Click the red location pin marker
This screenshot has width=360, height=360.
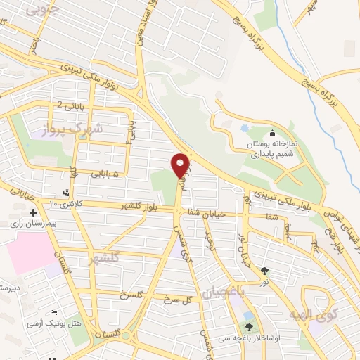pyautogui.click(x=181, y=165)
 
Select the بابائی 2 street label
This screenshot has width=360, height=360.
pyautogui.click(x=70, y=107)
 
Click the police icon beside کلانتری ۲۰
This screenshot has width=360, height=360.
pyautogui.click(x=67, y=193)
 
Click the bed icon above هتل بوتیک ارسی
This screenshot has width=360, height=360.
pyautogui.click(x=53, y=312)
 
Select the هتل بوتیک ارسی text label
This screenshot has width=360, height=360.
pyautogui.click(x=50, y=323)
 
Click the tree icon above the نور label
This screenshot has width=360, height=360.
pyautogui.click(x=264, y=271)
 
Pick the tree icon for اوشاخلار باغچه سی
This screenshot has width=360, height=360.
pyautogui.click(x=249, y=326)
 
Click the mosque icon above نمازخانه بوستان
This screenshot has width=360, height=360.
pyautogui.click(x=272, y=134)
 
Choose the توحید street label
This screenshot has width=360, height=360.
pyautogui.click(x=208, y=243)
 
